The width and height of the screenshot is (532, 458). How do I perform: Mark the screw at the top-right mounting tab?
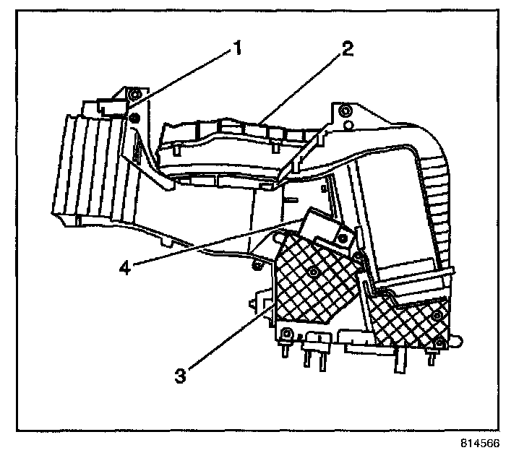click(346, 111)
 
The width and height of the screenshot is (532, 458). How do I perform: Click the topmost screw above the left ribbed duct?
click(133, 95)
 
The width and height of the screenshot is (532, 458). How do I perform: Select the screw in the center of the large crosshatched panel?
click(312, 271)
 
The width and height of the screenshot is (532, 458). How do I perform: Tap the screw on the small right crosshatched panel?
click(437, 316)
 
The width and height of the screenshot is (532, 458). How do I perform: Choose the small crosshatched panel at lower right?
click(408, 318)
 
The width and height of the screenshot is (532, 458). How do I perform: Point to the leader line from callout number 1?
click(181, 79)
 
